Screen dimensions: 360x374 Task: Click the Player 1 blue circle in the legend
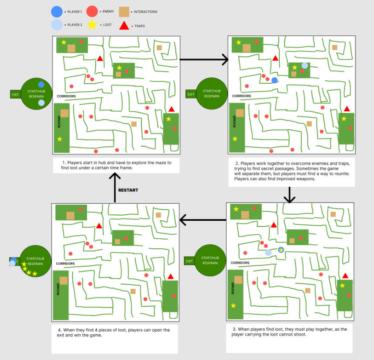pos(57,12)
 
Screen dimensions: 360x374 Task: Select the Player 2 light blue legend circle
pos(57,25)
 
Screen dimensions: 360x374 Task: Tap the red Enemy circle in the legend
pos(92,12)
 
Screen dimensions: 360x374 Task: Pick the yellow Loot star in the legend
pos(92,25)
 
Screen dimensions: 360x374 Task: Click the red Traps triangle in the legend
pos(124,26)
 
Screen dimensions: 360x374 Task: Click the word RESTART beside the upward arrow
pos(128,190)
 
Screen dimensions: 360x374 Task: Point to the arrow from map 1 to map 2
pos(204,59)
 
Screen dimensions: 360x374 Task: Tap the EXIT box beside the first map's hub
pos(16,94)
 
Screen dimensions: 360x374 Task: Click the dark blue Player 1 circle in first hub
pos(41,85)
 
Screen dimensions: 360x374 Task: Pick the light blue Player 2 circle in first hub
pos(41,103)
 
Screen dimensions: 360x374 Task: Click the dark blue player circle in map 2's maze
pos(274,80)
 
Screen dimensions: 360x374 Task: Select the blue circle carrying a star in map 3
pos(281,250)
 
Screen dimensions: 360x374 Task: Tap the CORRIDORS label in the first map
pos(66,96)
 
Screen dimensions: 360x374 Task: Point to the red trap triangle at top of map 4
pos(99,226)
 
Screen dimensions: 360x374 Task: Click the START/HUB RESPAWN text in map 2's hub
pos(211,94)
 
